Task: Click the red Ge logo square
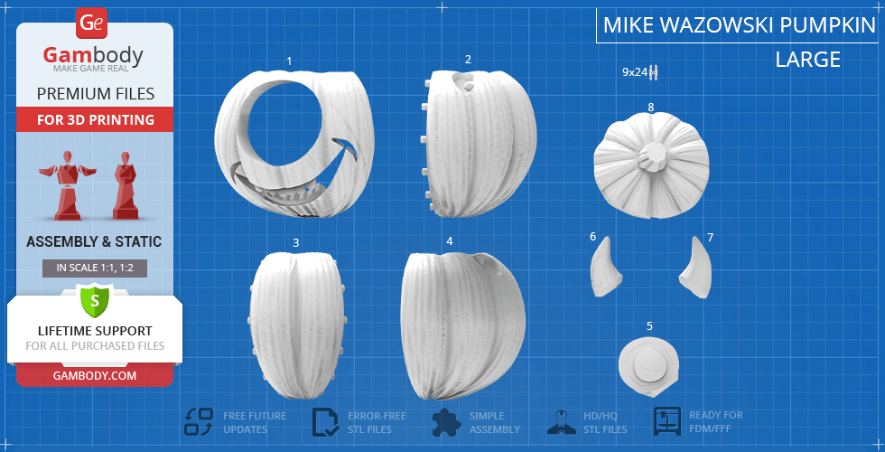coord(91,23)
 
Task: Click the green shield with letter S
coord(95,301)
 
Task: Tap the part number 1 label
coord(290,61)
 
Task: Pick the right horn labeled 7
coord(696,268)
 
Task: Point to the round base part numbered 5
coord(649,365)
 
